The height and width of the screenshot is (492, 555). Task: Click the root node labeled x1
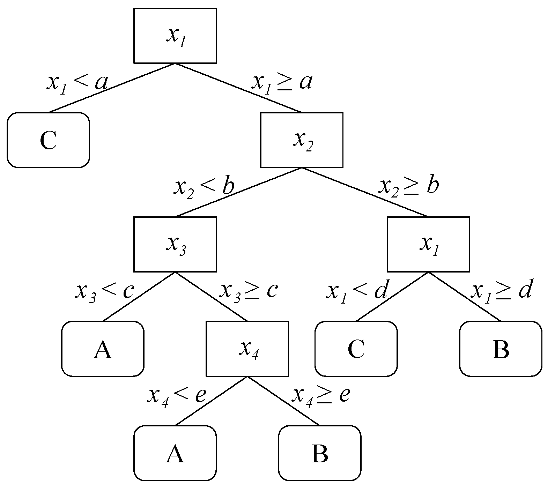click(175, 36)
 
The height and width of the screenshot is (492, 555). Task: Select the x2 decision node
click(302, 140)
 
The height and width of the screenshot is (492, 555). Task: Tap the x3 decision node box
click(175, 244)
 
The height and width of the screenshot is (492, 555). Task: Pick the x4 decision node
click(247, 349)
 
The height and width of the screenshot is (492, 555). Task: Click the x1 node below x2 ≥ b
click(428, 244)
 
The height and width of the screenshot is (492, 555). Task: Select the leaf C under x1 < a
click(48, 140)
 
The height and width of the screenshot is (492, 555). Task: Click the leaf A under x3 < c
click(103, 349)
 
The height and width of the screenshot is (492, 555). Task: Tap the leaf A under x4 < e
click(175, 453)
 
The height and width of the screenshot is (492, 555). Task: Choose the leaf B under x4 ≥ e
click(319, 453)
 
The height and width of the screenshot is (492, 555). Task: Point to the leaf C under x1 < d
click(356, 349)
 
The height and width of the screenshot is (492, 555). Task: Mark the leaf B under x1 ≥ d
click(501, 349)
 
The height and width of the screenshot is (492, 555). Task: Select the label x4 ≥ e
click(321, 395)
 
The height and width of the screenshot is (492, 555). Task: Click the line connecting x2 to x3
click(238, 192)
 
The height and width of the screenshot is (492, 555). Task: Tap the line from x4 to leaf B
click(283, 401)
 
